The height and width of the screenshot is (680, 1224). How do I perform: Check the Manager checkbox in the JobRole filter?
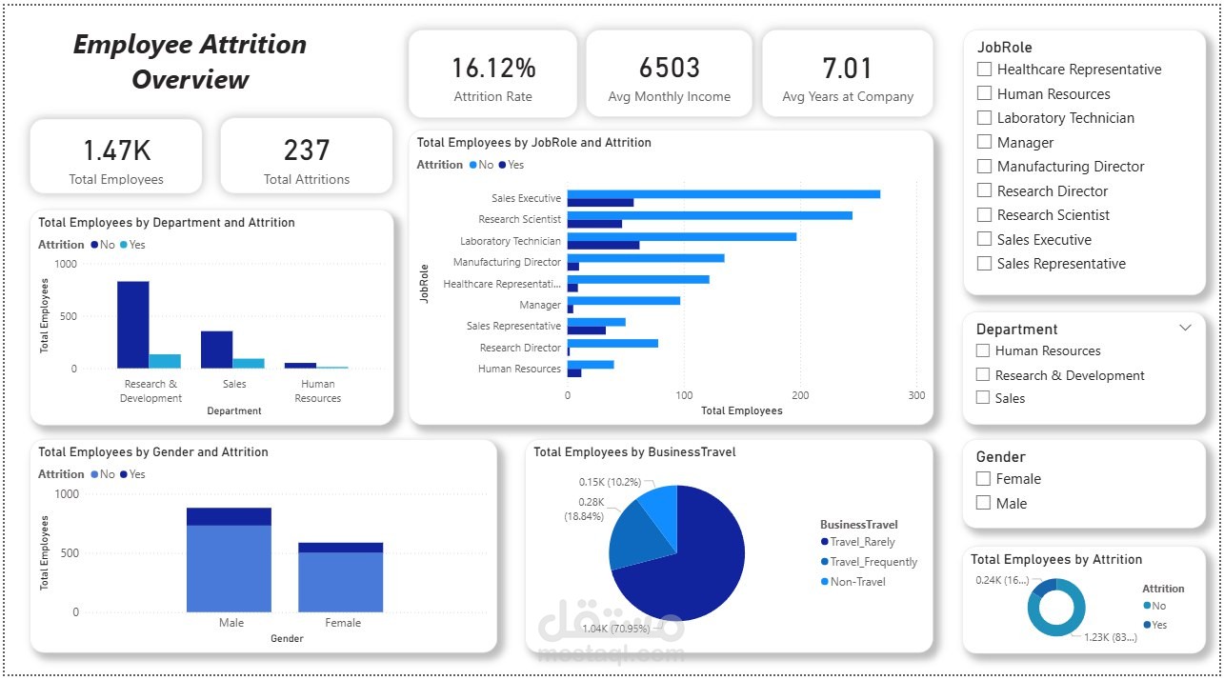[x=985, y=143]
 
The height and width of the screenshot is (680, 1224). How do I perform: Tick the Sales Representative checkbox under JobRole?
[x=985, y=264]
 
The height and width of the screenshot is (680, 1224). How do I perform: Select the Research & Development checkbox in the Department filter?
[x=983, y=375]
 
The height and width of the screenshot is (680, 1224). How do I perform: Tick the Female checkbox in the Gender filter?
[x=984, y=479]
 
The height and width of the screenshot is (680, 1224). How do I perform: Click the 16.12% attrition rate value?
[x=493, y=69]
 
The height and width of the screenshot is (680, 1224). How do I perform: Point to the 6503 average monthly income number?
[x=669, y=69]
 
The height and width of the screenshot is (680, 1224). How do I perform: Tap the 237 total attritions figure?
[x=307, y=150]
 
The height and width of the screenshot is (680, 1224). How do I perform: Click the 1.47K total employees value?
[x=116, y=150]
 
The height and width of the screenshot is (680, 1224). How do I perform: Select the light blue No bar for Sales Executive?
[x=723, y=194]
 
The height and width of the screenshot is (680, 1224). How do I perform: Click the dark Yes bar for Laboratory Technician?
[x=603, y=245]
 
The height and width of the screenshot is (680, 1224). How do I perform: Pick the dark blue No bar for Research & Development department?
[x=133, y=324]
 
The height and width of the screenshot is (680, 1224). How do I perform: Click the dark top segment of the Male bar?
[x=229, y=516]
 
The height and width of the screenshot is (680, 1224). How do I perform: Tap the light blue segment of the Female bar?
[x=340, y=582]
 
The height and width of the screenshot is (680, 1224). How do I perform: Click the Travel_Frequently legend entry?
[x=873, y=562]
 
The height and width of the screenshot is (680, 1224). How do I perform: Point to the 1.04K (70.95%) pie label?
[x=616, y=629]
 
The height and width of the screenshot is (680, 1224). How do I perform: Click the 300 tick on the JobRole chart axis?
[x=916, y=394]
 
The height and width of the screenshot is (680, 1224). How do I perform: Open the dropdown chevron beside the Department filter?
[x=1185, y=328]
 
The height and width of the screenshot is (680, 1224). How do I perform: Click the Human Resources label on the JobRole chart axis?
[x=519, y=369]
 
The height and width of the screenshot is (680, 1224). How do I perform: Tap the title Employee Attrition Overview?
[x=191, y=62]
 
